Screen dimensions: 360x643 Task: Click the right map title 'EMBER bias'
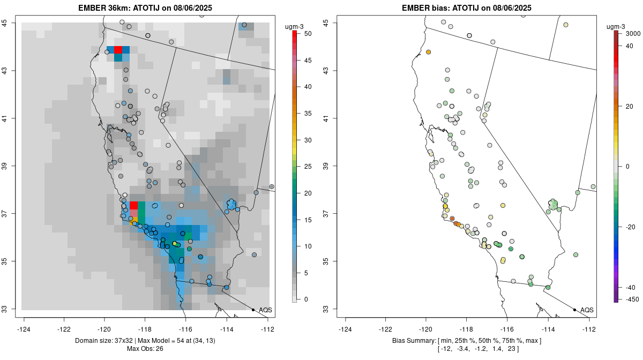(427, 7)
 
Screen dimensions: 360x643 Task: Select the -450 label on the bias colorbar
(630, 299)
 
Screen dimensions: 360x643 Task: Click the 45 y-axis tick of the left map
(11, 22)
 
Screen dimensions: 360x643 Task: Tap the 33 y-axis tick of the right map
(326, 309)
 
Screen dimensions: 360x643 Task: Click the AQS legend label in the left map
(265, 310)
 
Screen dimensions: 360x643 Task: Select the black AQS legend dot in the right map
(574, 310)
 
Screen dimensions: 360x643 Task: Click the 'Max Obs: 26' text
(145, 349)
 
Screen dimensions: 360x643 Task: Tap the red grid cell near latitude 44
(118, 50)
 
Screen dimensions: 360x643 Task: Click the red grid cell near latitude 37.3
(134, 205)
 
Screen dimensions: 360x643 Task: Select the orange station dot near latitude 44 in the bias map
(429, 52)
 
